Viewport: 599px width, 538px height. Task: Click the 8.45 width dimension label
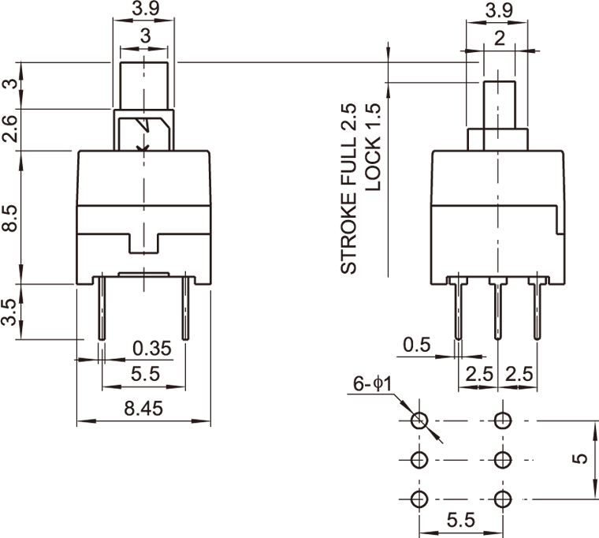point(143,408)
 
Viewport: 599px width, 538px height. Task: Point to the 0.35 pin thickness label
point(152,348)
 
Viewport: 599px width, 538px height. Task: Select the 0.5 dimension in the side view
point(416,344)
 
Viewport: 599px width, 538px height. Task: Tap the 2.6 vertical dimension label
point(10,129)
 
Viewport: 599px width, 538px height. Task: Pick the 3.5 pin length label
point(10,312)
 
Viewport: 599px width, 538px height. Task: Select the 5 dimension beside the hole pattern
point(581,458)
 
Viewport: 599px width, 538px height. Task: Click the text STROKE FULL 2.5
point(349,189)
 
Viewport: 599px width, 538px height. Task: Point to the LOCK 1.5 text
point(374,148)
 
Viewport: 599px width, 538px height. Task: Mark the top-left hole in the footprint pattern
point(419,420)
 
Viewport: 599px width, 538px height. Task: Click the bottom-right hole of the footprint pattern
point(502,499)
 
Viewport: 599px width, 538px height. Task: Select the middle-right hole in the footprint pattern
point(502,459)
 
